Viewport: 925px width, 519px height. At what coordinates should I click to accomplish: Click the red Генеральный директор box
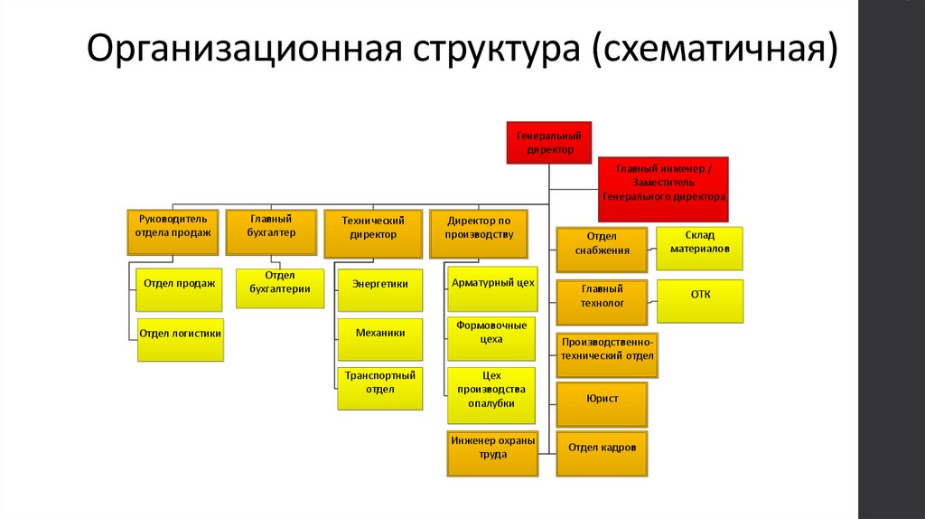pyautogui.click(x=549, y=142)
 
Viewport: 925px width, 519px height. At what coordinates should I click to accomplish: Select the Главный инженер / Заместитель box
pyautogui.click(x=663, y=188)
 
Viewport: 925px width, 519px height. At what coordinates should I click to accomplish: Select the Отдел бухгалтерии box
pyautogui.click(x=280, y=288)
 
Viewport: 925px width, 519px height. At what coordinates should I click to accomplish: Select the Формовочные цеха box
pyautogui.click(x=491, y=337)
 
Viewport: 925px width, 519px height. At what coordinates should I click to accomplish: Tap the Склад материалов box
pyautogui.click(x=700, y=248)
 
